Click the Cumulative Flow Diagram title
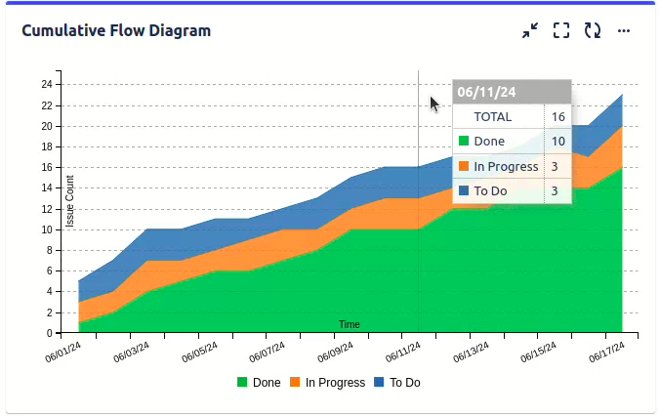[116, 30]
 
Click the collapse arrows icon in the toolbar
[530, 31]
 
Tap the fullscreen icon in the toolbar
[560, 31]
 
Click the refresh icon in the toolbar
[593, 31]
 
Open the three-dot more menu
[624, 31]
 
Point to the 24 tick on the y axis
[46, 85]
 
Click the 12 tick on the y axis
[46, 209]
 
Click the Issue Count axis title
[70, 201]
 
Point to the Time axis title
[350, 324]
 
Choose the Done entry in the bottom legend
[259, 383]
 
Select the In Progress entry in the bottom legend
[327, 383]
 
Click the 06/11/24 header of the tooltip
[485, 93]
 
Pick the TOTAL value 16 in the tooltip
[558, 116]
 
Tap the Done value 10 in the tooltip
[558, 142]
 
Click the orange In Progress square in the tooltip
[464, 166]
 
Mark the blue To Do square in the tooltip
[464, 190]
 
